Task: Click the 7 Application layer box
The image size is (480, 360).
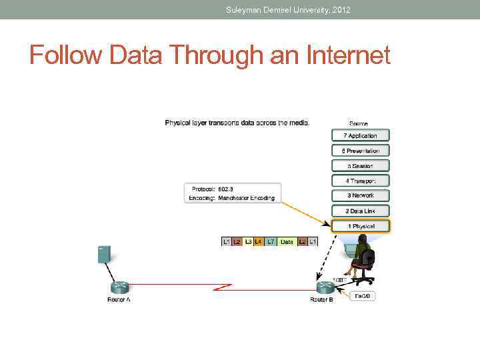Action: (360, 135)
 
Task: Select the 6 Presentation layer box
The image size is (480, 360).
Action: (360, 151)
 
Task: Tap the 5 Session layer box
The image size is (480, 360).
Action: (360, 166)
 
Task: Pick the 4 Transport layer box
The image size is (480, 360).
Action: (360, 181)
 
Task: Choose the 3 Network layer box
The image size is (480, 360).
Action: (360, 196)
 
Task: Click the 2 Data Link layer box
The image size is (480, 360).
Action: (360, 211)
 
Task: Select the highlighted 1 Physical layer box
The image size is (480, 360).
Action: (360, 227)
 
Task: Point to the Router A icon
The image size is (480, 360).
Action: (119, 287)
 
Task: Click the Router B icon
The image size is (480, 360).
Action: (325, 287)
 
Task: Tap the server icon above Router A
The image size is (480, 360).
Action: (104, 254)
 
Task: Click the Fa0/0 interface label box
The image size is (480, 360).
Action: (363, 295)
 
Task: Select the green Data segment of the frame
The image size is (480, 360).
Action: (287, 241)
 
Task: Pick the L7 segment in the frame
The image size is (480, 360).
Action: (271, 241)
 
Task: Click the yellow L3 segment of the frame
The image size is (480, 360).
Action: (248, 241)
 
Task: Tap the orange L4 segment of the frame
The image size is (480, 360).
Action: (259, 241)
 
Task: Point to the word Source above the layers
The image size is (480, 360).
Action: (359, 124)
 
